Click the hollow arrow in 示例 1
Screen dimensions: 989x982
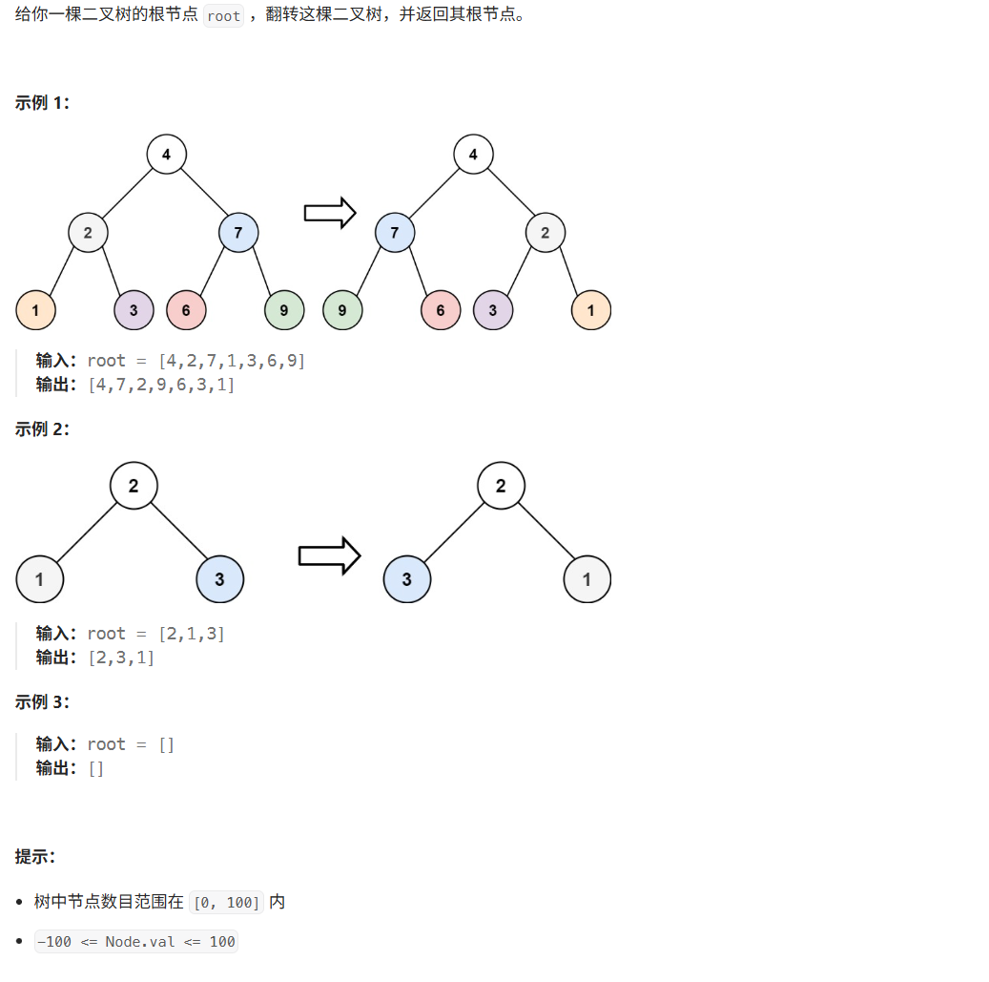click(330, 213)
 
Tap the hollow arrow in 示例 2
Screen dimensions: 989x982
click(329, 555)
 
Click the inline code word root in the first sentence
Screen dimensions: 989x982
click(224, 16)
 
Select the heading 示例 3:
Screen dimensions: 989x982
click(42, 702)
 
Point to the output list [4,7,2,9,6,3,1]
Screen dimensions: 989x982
click(161, 385)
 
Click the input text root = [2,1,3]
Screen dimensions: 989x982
click(155, 634)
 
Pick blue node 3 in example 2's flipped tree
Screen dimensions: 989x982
click(407, 579)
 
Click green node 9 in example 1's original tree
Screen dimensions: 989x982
click(284, 310)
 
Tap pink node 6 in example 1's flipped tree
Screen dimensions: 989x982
click(441, 310)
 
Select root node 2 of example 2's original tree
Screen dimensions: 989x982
click(134, 486)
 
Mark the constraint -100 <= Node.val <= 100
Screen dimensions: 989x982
click(135, 942)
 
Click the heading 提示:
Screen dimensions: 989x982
click(35, 856)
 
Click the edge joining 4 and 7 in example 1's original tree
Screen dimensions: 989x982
click(203, 194)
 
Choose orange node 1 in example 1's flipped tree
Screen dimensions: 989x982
click(591, 310)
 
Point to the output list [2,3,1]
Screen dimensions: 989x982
click(121, 658)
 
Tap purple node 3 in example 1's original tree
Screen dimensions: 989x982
click(134, 310)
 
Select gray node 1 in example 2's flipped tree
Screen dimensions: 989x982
click(587, 579)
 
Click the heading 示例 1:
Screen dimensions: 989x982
click(42, 103)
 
